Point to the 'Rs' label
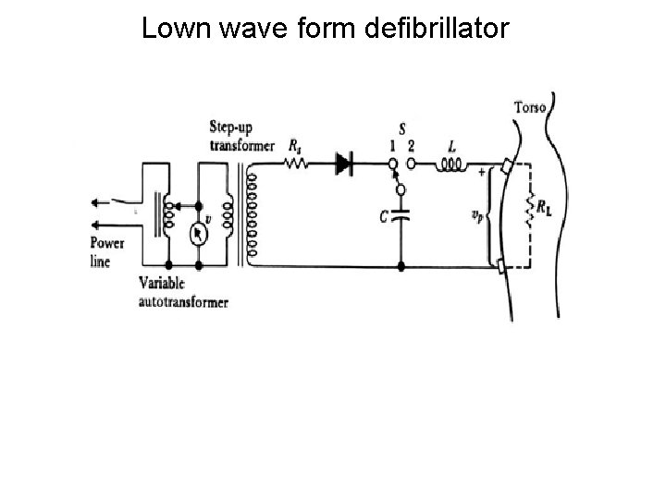coord(295,145)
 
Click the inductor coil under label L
coord(452,166)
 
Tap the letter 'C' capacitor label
coord(382,215)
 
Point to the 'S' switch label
coord(401,130)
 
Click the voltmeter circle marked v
coord(197,234)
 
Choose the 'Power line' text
coord(106,250)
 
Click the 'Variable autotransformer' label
coord(182,293)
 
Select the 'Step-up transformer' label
coord(241,139)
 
